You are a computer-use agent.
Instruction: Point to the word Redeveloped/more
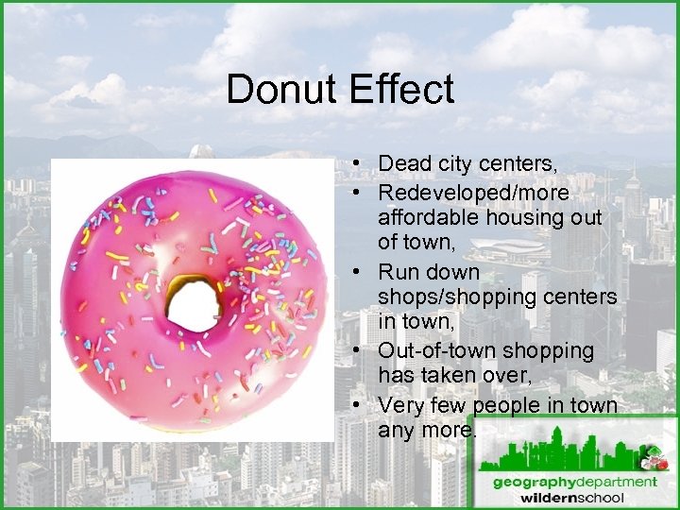point(473,193)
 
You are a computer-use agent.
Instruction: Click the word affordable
point(429,217)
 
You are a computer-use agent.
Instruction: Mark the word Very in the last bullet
point(400,406)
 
